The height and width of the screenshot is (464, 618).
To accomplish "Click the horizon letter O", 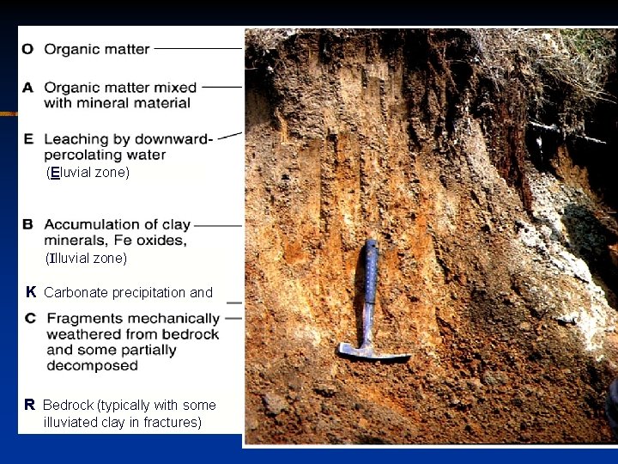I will coord(28,50).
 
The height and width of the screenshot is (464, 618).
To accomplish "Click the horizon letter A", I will coord(28,87).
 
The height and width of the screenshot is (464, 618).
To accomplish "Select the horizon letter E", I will coord(28,138).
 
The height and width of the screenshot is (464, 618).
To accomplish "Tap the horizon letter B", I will coord(28,224).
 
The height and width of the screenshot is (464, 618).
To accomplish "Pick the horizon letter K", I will coord(30,292).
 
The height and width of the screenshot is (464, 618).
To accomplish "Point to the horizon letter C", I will coord(30,318).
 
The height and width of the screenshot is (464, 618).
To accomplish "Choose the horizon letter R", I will coord(29,405).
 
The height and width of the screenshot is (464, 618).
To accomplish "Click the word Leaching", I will coord(75,139).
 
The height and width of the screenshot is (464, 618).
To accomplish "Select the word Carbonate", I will coord(76,292).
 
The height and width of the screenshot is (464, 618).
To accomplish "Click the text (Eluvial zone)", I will coord(88,173).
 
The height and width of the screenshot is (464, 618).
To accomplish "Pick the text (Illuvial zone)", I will coord(86,258).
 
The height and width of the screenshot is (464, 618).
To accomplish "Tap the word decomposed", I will coord(92,366).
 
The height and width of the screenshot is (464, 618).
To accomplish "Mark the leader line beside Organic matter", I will coord(197,49).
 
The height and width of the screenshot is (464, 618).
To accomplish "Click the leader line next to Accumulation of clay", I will coord(218,225).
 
